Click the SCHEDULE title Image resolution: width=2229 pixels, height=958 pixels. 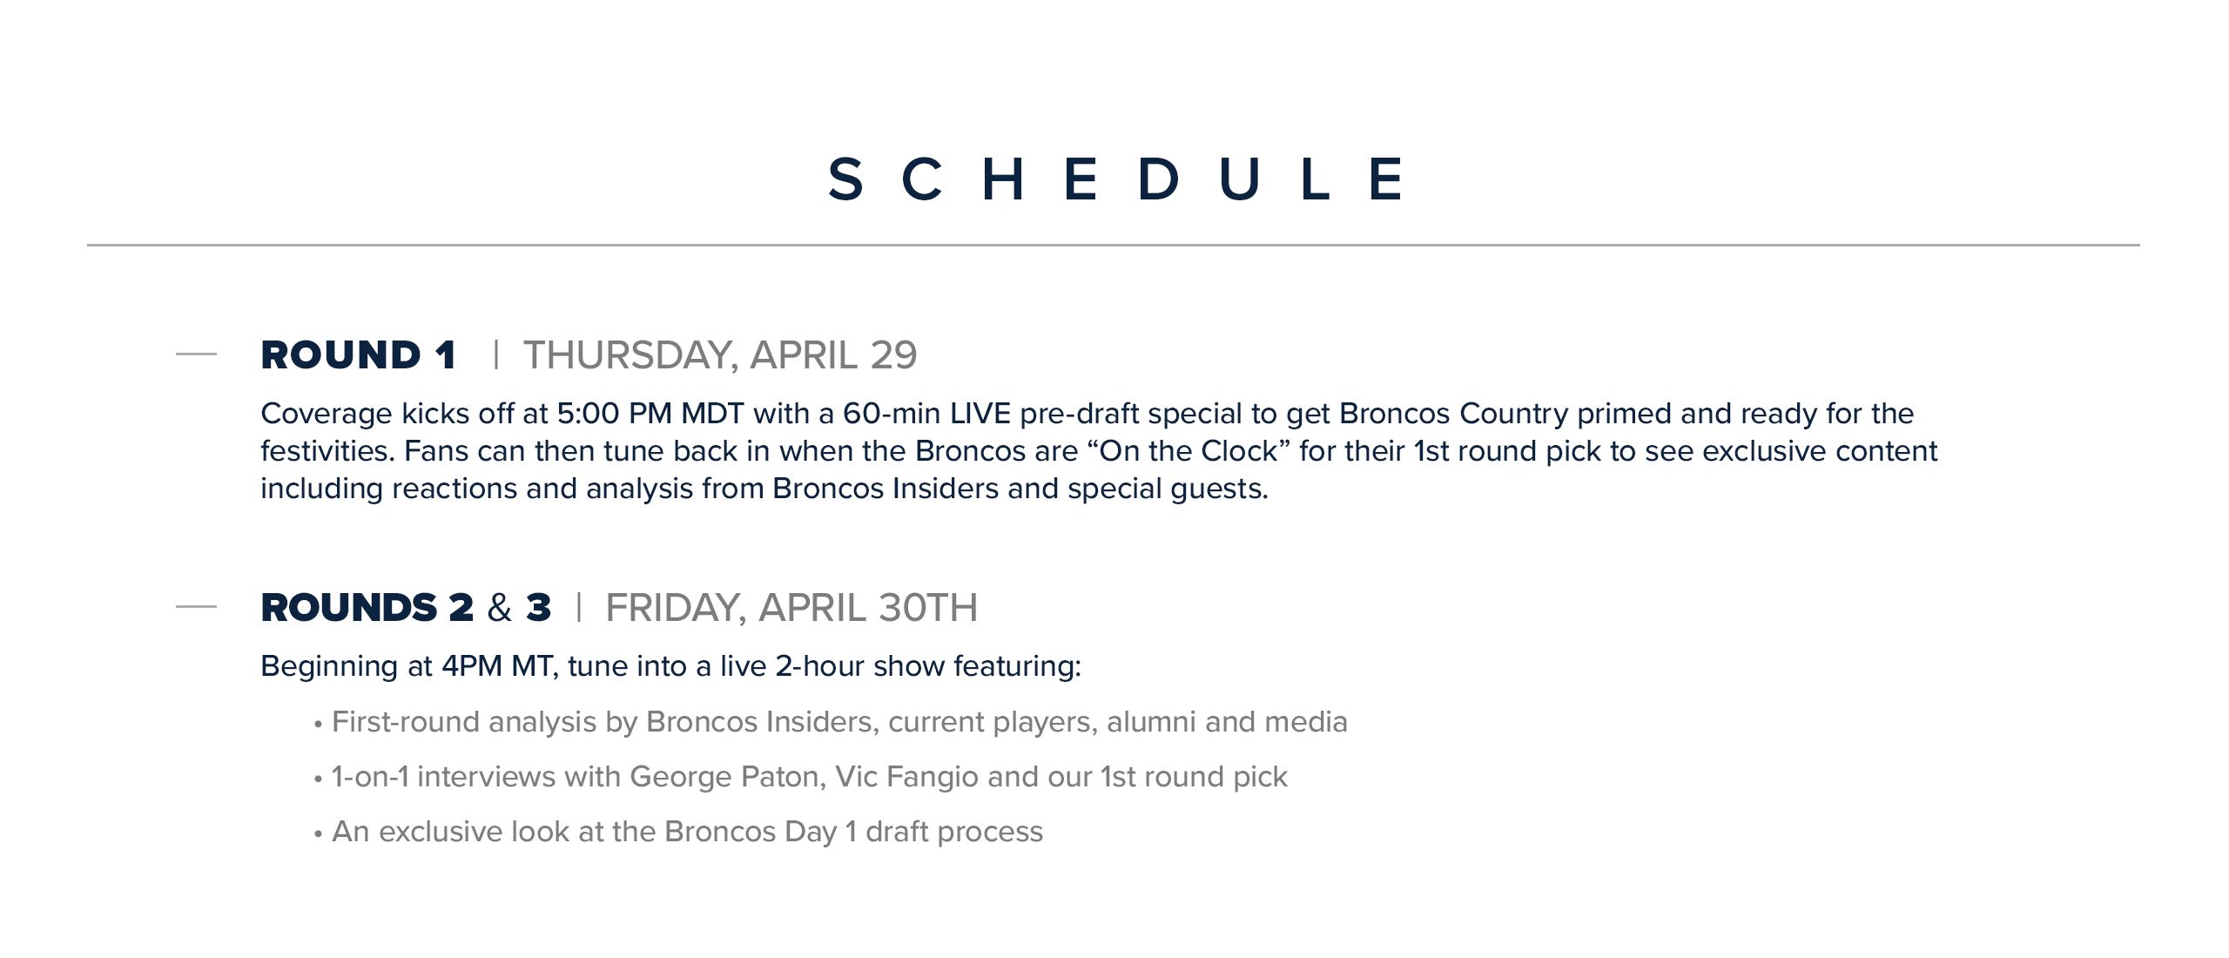click(1114, 179)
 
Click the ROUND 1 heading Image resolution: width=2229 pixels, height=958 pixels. click(358, 355)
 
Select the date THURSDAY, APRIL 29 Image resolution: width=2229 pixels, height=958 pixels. click(719, 355)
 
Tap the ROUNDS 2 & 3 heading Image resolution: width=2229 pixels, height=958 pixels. click(406, 608)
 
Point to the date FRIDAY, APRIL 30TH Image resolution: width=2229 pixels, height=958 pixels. click(791, 608)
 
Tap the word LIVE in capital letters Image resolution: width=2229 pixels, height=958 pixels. click(980, 414)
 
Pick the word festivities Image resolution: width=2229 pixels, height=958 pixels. click(327, 451)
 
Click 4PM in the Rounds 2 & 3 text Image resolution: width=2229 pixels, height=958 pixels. click(471, 666)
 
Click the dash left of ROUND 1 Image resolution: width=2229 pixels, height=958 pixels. click(196, 354)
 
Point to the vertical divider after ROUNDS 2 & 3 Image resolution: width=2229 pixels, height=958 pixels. click(578, 607)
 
